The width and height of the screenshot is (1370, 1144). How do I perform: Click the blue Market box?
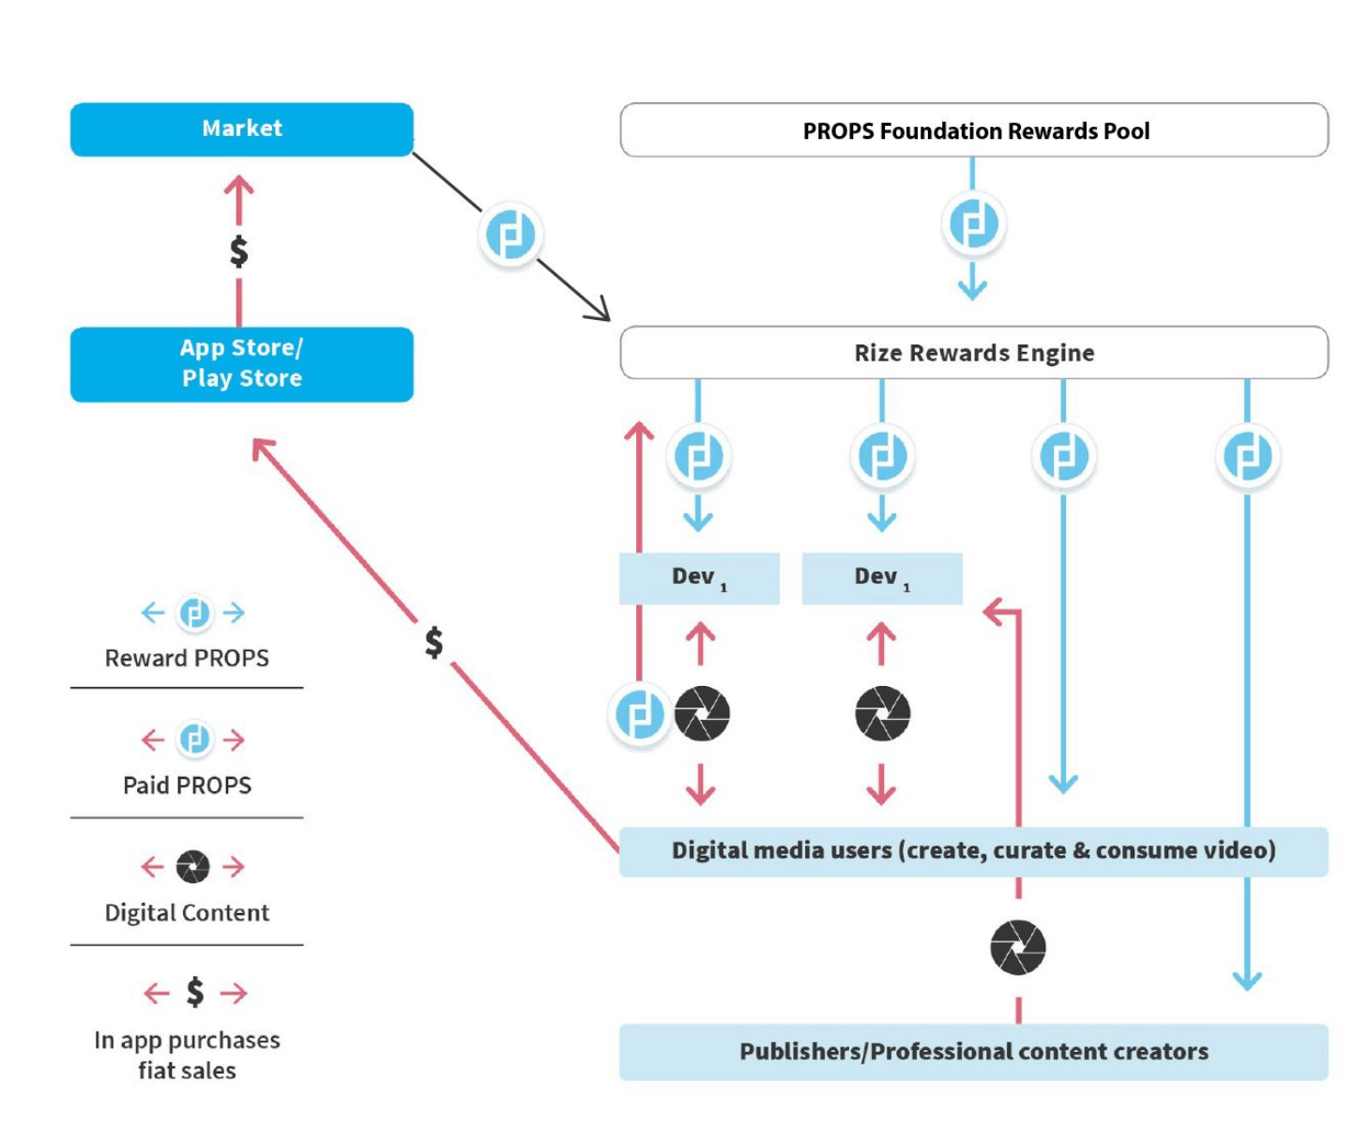coord(241,130)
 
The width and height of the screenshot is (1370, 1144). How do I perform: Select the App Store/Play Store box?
coord(241,364)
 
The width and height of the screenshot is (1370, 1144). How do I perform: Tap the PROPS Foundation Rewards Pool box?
coord(974,130)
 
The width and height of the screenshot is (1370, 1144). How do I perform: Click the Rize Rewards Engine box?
coord(974,353)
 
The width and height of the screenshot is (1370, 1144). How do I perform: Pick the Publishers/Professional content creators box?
coord(973,1052)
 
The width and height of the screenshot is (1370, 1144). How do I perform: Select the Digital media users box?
coord(973,851)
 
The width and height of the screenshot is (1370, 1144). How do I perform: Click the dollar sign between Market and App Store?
coord(239,252)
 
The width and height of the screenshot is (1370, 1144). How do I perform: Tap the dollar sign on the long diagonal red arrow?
coord(434,643)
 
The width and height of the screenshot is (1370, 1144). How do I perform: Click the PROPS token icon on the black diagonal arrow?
coord(510,235)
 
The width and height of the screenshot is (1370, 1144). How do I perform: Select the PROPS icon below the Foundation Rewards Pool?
coord(973,224)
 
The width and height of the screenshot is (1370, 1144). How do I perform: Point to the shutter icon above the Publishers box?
coord(1018,947)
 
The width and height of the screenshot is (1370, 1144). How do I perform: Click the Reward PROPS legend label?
coord(187,659)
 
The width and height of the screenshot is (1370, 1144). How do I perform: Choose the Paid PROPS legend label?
coord(187,786)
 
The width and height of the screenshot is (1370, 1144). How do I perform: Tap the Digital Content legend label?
coord(187,913)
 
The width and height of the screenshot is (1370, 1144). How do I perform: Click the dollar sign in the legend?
coord(195,992)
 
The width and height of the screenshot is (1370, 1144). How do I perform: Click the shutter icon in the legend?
coord(193,866)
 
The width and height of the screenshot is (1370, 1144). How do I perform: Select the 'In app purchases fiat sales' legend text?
coord(187,1056)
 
